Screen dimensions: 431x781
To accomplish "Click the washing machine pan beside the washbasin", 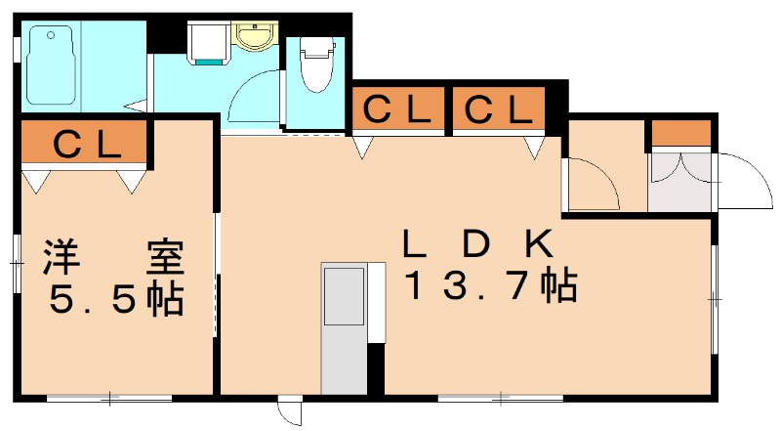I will [x=208, y=42].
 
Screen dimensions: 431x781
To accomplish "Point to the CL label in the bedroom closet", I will [x=86, y=144].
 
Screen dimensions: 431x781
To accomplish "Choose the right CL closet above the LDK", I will [x=498, y=110].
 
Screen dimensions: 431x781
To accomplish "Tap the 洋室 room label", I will [x=112, y=258].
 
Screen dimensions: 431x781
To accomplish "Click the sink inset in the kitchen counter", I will [x=343, y=295].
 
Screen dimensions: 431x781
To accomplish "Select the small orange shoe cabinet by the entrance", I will [x=680, y=133].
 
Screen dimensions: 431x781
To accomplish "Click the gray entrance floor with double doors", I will [x=680, y=182].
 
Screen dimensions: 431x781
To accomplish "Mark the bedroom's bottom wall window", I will [x=109, y=398].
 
